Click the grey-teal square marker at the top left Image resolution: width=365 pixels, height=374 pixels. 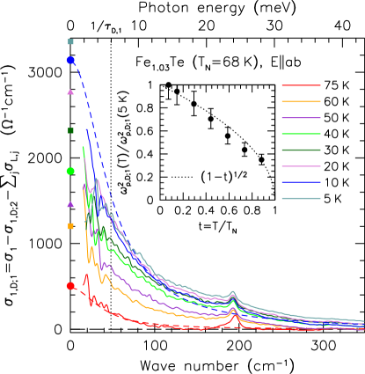70,41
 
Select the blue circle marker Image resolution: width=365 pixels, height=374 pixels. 70,61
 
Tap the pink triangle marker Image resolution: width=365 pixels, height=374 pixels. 70,92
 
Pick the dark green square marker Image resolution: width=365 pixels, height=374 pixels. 70,130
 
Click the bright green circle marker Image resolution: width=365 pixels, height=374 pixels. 70,171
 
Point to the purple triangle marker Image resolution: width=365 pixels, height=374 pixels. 70,204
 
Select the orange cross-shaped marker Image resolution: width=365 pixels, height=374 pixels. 70,226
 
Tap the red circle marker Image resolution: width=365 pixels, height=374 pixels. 70,286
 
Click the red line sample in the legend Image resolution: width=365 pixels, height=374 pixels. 301,85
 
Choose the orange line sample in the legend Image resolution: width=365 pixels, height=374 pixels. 301,101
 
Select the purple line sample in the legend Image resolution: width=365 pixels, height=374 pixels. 301,118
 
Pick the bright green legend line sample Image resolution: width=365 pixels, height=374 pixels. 301,134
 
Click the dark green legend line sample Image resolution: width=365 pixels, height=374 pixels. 301,150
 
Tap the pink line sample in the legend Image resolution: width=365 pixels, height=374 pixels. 301,165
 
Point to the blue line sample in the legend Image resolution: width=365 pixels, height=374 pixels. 301,182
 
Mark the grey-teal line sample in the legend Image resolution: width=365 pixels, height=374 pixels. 301,198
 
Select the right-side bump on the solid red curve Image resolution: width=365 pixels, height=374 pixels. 232,318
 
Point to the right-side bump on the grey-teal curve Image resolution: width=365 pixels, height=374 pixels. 232,292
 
